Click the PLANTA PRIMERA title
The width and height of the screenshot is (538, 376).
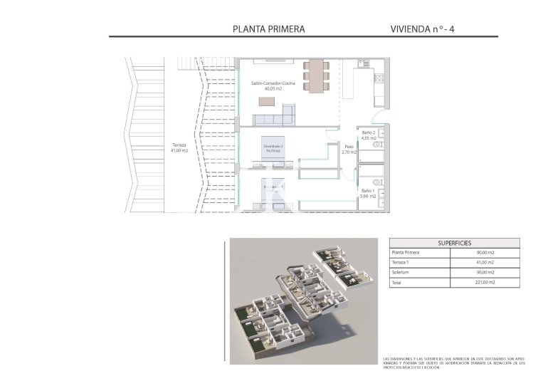pyautogui.click(x=269, y=29)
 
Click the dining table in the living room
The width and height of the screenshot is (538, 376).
pyautogui.click(x=315, y=75)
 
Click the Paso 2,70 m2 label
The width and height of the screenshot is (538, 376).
pyautogui.click(x=348, y=149)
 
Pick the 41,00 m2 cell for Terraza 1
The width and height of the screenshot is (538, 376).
pyautogui.click(x=485, y=263)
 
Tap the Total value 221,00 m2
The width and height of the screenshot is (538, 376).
pyautogui.click(x=485, y=283)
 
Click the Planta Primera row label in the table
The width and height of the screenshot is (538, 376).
pyautogui.click(x=406, y=253)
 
